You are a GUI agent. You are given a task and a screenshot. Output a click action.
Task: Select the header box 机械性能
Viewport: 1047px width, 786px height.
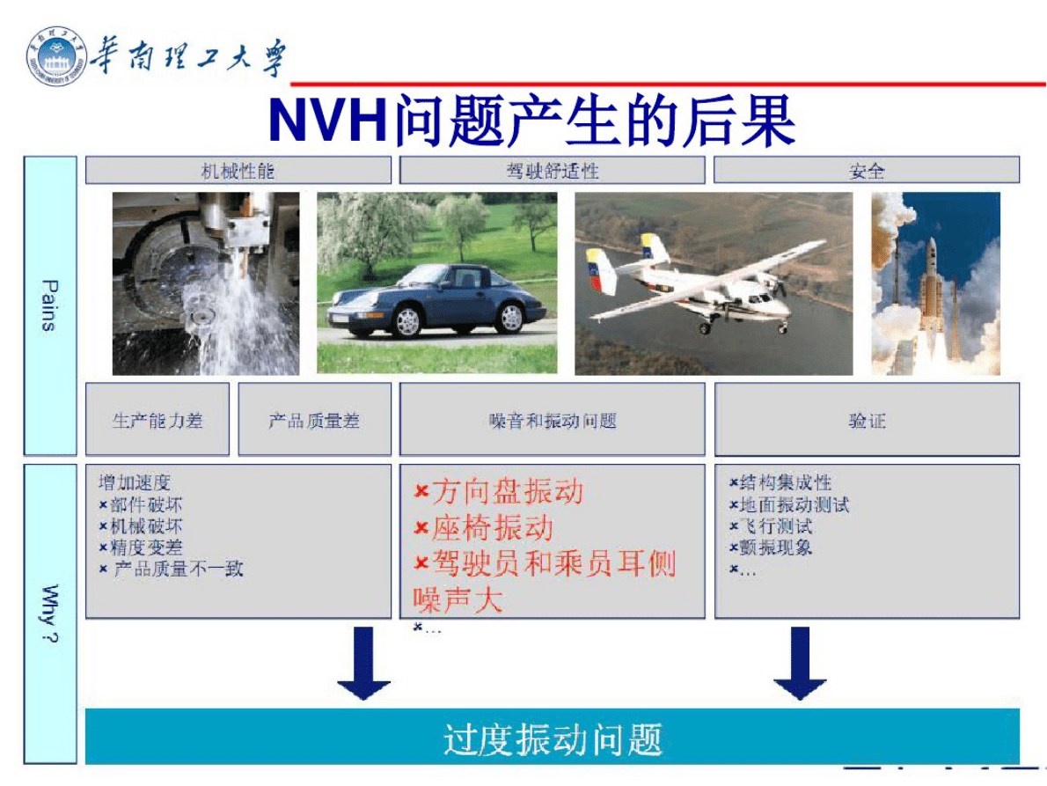pos(238,171)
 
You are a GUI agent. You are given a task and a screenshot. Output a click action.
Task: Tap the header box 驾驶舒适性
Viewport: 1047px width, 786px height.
pos(552,171)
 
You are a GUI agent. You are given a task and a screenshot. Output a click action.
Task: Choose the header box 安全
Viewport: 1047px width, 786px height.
pos(866,171)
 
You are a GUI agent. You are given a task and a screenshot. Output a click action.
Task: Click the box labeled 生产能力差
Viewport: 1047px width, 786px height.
pos(157,420)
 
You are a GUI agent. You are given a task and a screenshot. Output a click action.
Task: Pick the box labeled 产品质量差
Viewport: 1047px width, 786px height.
pos(314,420)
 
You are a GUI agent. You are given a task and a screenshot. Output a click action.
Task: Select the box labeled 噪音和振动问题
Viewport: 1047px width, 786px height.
pos(552,420)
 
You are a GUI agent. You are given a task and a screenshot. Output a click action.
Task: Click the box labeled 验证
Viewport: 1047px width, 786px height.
pos(866,420)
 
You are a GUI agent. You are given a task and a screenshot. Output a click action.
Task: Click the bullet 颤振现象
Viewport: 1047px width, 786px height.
pos(775,547)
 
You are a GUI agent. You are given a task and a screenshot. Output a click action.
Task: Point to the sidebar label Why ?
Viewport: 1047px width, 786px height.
pos(48,613)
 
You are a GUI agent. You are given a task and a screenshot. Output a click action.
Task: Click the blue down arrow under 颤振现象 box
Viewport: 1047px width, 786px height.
pos(799,664)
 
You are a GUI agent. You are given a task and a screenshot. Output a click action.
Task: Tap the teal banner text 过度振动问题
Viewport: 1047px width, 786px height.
pos(552,738)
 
